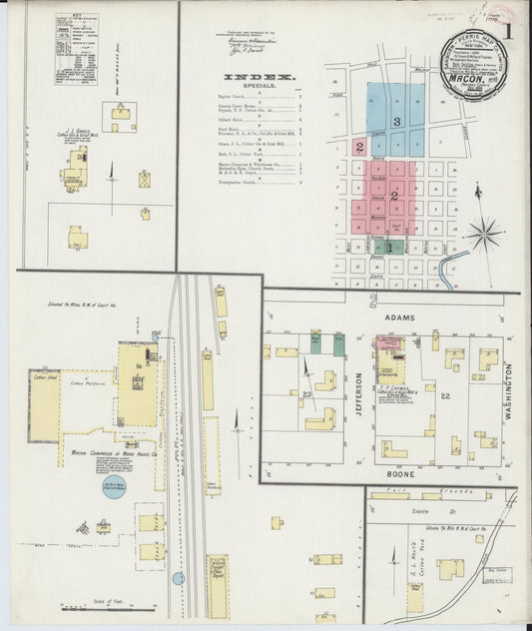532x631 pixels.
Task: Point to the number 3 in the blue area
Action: pos(396,121)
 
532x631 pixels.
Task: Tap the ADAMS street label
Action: pos(400,315)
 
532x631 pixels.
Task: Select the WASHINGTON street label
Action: pos(508,391)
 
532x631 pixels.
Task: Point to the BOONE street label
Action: pos(398,478)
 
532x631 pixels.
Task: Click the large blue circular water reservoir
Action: pos(119,491)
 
